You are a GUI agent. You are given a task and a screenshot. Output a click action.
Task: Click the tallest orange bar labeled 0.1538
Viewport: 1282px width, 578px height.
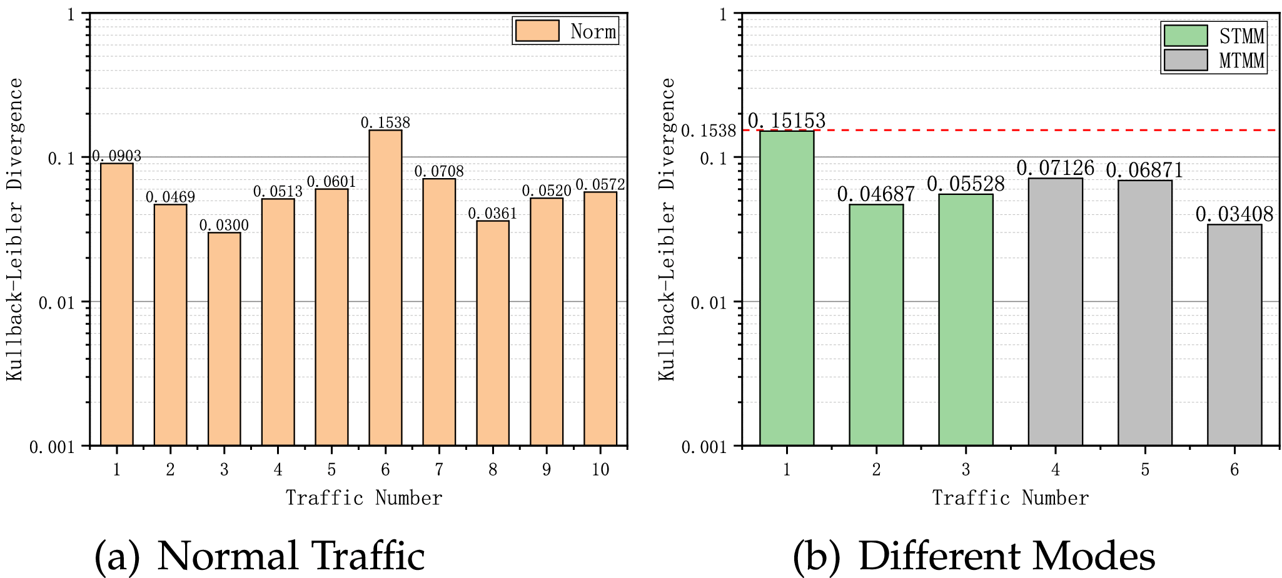tap(385, 287)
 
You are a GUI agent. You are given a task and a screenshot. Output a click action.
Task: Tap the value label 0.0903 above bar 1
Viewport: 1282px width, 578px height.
tap(117, 156)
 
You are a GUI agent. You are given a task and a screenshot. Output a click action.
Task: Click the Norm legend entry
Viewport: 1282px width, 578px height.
tap(566, 31)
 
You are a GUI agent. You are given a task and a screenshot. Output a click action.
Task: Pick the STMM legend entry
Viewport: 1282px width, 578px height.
tap(1214, 36)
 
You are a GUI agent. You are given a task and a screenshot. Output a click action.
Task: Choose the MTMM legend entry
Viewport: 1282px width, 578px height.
tap(1214, 61)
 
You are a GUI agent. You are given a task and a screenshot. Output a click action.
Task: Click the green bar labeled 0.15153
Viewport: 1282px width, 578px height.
tap(787, 287)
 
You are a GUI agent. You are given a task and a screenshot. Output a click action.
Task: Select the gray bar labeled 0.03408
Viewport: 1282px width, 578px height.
tap(1234, 334)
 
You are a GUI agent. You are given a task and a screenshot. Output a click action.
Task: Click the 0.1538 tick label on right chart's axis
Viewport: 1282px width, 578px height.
tap(709, 131)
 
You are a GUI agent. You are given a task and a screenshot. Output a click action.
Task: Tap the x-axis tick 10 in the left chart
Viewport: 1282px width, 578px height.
tap(600, 470)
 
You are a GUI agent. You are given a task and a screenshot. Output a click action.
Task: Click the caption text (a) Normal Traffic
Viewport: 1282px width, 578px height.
tap(260, 556)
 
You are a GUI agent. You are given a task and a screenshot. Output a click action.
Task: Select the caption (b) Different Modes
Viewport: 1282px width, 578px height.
tap(974, 556)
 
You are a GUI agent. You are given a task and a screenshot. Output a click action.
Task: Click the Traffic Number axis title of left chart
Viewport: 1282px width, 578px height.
tap(364, 498)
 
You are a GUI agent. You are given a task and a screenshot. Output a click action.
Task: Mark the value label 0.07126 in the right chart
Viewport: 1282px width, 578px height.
tap(1055, 168)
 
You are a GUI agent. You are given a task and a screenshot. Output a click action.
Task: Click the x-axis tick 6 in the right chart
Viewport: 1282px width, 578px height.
tap(1234, 470)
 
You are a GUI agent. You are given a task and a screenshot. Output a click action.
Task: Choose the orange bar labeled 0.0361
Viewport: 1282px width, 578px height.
tap(493, 333)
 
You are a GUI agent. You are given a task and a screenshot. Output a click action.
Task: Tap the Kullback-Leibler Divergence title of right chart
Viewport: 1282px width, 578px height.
tap(667, 229)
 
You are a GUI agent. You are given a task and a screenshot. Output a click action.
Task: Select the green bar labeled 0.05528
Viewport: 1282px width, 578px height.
tap(966, 319)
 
